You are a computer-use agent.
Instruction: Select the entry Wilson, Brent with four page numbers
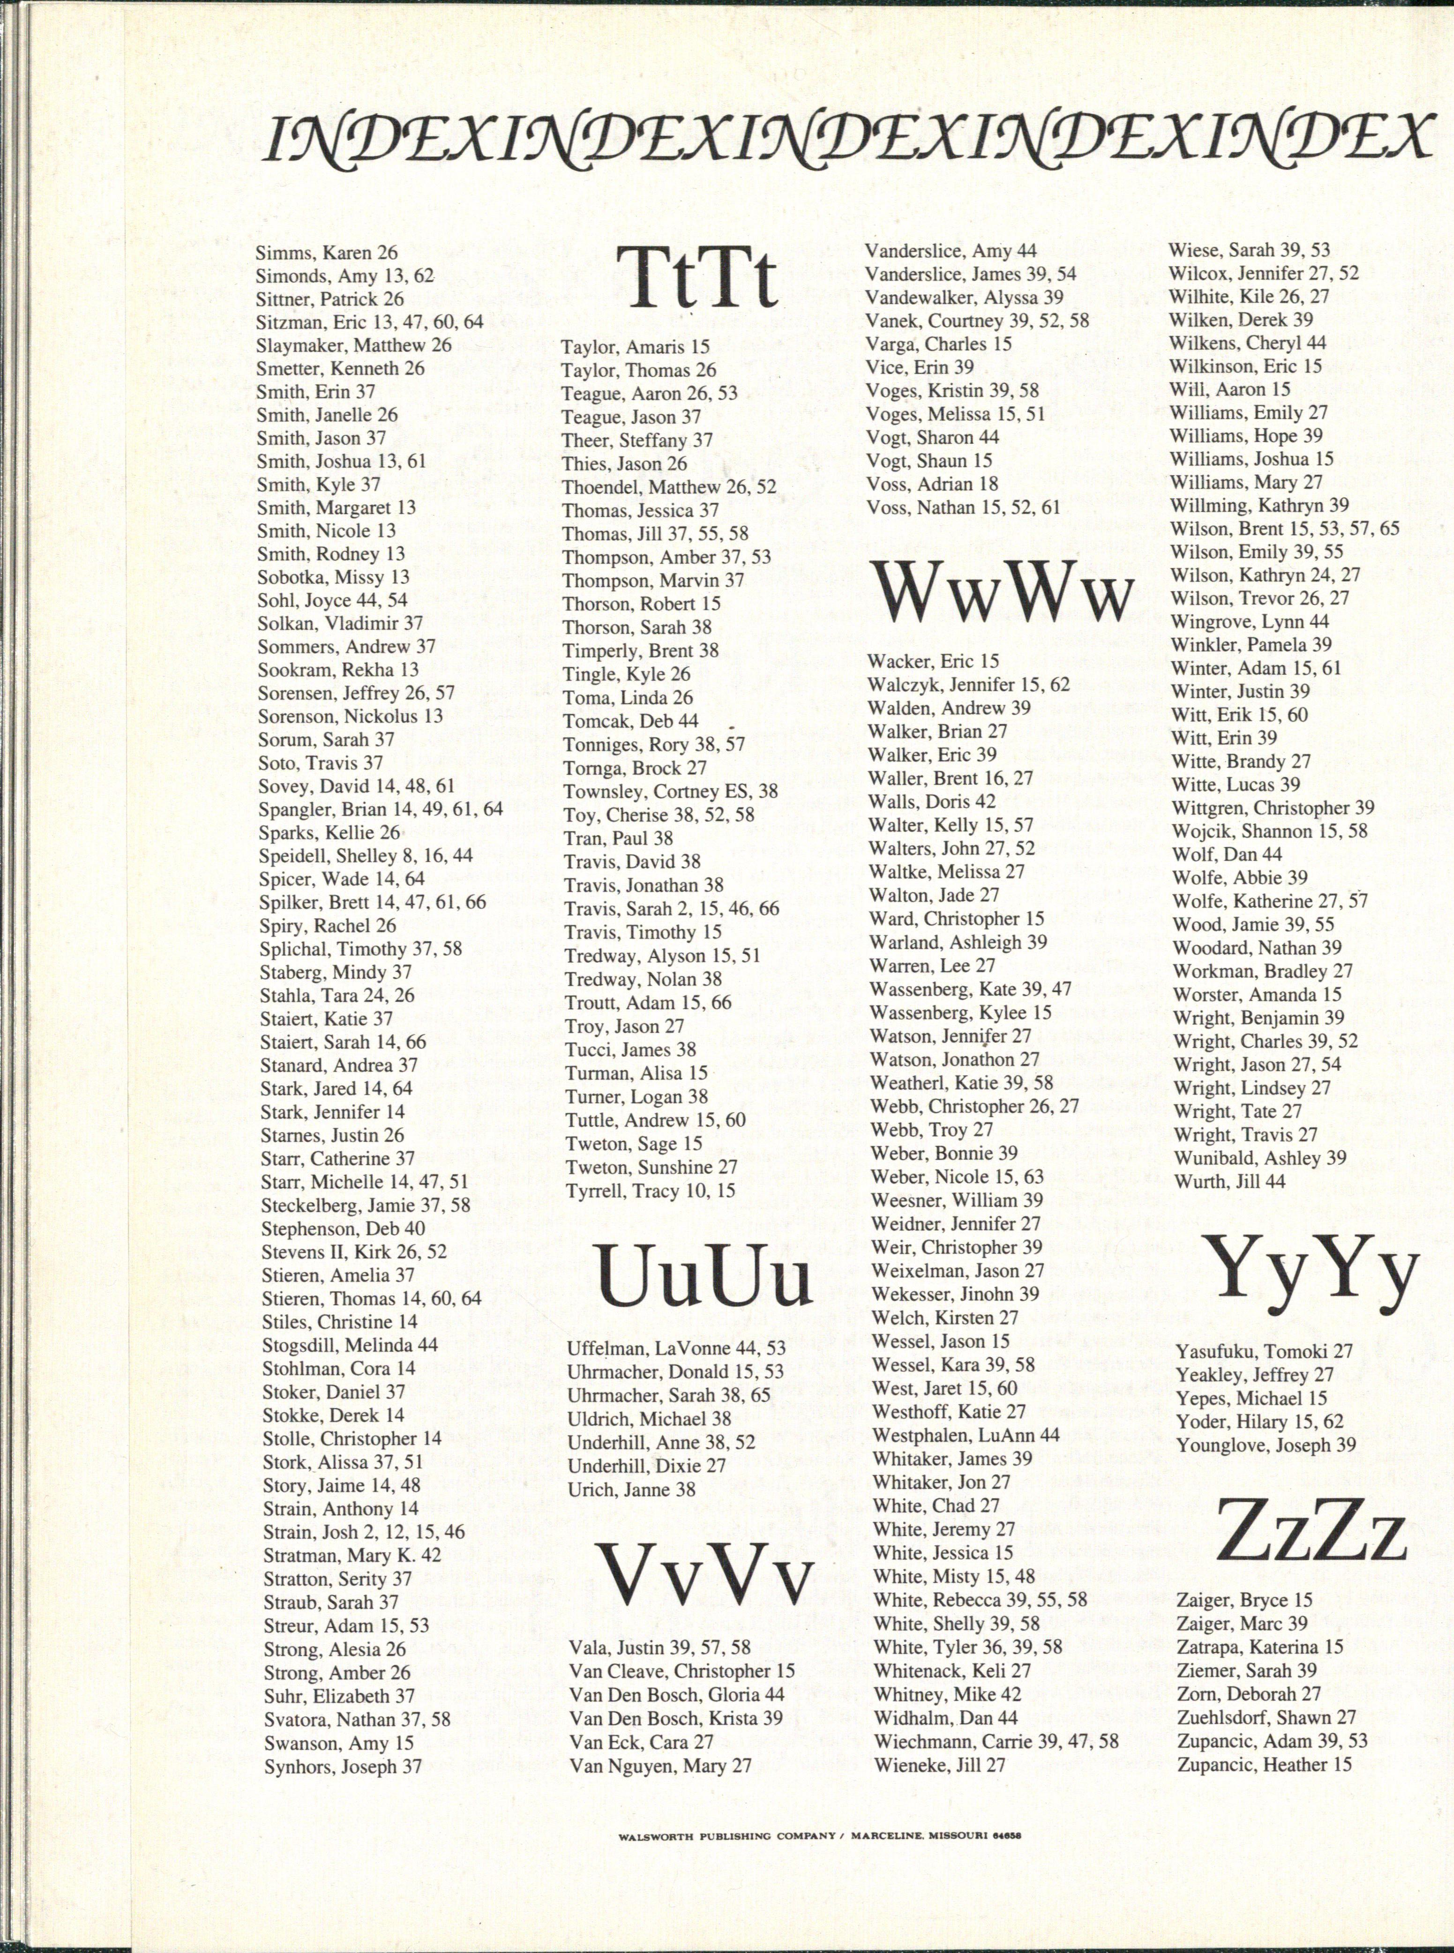click(1284, 529)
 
